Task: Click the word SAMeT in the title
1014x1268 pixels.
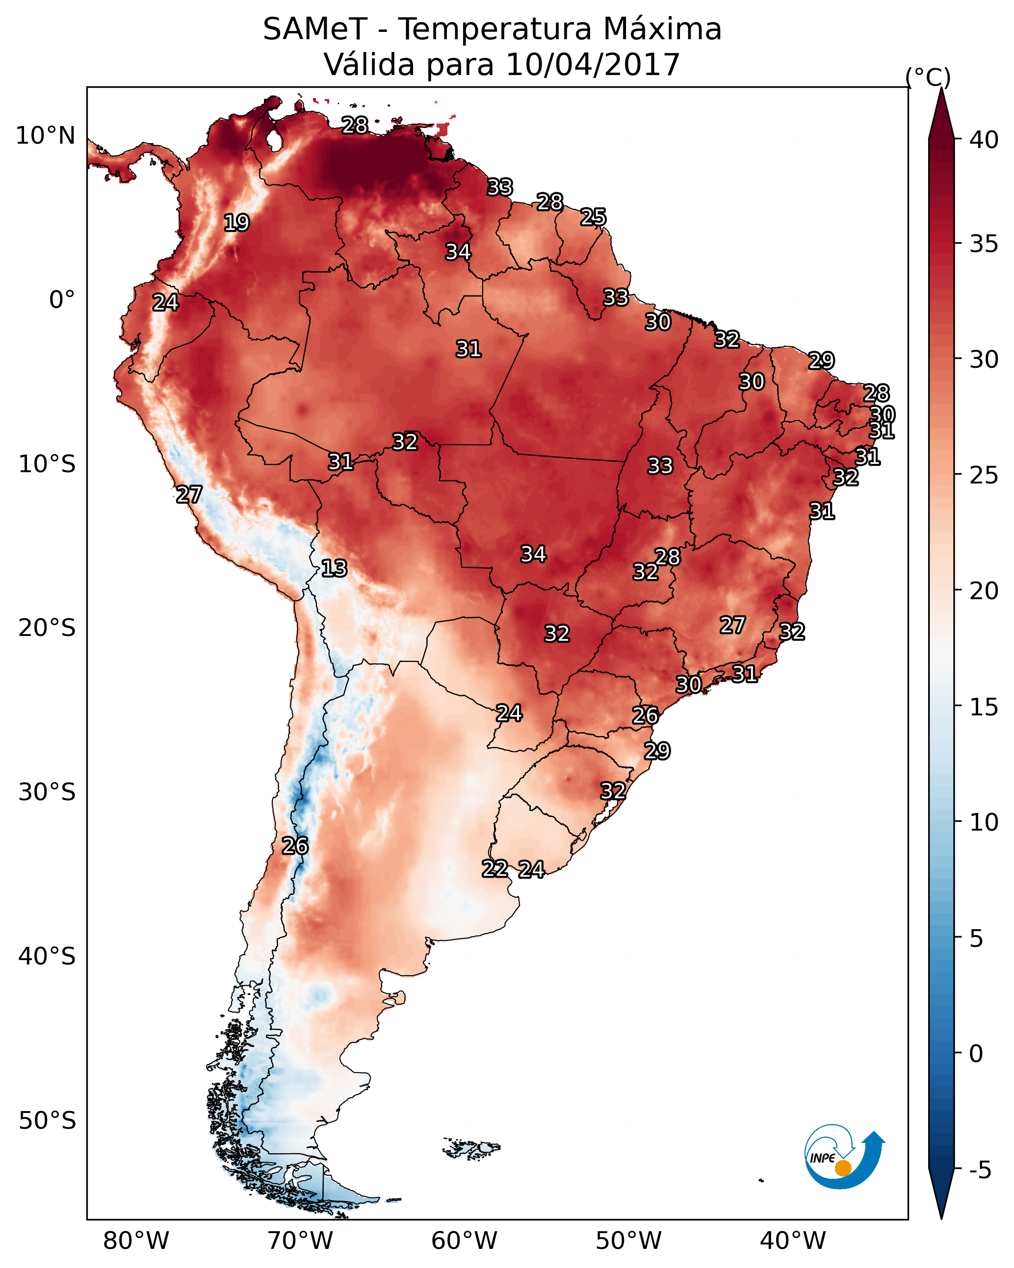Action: pyautogui.click(x=315, y=29)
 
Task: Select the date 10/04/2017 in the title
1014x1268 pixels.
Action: pyautogui.click(x=592, y=65)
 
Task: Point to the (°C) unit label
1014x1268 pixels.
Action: pyautogui.click(x=928, y=77)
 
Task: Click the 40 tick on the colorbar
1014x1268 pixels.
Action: pyautogui.click(x=984, y=140)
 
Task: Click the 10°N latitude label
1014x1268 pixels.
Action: pyautogui.click(x=45, y=136)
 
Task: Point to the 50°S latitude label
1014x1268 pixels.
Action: pyautogui.click(x=47, y=1121)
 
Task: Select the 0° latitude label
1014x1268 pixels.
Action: pyautogui.click(x=62, y=300)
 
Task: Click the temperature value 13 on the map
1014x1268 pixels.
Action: pyautogui.click(x=334, y=569)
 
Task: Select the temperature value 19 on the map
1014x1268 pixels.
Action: pyautogui.click(x=236, y=223)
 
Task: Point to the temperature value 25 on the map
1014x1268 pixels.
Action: pyautogui.click(x=593, y=217)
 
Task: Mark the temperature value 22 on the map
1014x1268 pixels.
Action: pyautogui.click(x=495, y=869)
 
